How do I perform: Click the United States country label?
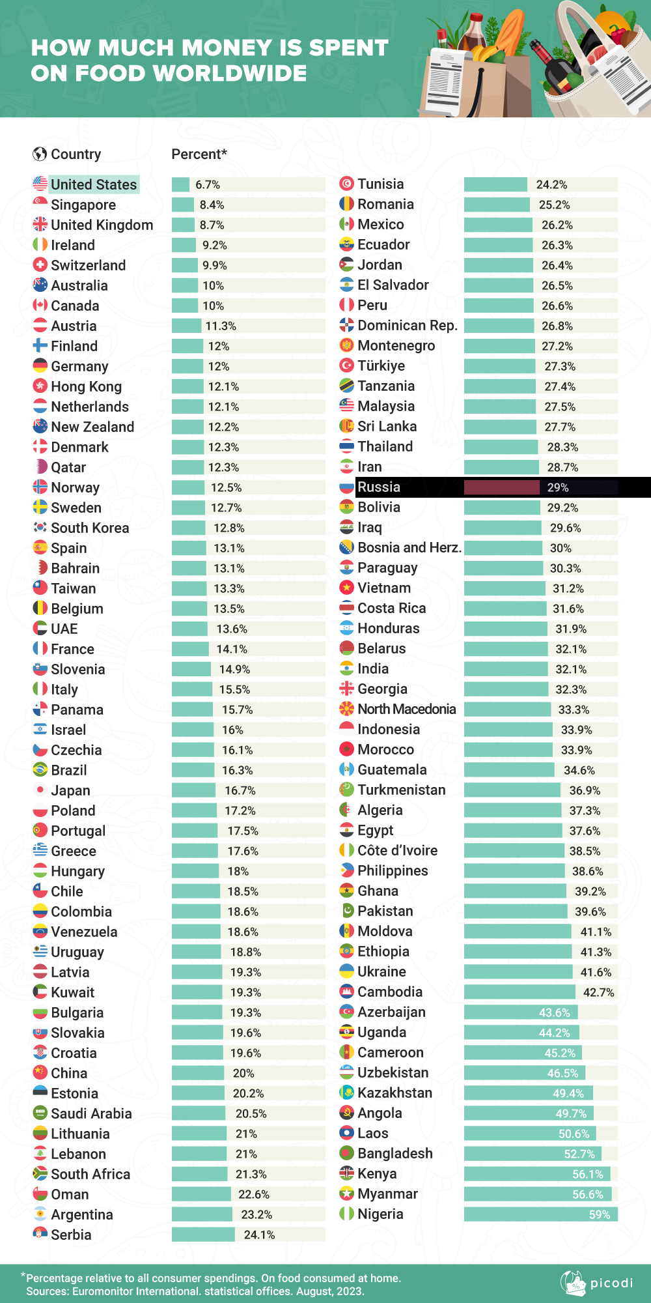tap(94, 185)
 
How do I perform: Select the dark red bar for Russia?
tap(501, 487)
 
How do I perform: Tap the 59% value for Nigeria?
tap(599, 1214)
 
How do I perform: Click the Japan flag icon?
tap(40, 790)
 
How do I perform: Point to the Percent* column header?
tap(199, 154)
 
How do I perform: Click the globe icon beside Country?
tap(40, 154)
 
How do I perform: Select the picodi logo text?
tap(611, 1283)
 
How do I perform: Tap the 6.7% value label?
tap(208, 185)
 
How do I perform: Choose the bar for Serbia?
tap(203, 1235)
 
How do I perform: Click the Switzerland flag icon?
tap(40, 265)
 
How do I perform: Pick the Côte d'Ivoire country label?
tap(397, 850)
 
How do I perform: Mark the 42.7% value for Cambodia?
tap(598, 992)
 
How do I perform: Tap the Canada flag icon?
tap(40, 306)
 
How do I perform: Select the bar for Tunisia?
tap(495, 185)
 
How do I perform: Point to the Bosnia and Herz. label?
tap(409, 547)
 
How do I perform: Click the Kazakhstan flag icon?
tap(346, 1093)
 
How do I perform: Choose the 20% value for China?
tap(243, 1073)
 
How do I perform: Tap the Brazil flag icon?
tap(40, 770)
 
